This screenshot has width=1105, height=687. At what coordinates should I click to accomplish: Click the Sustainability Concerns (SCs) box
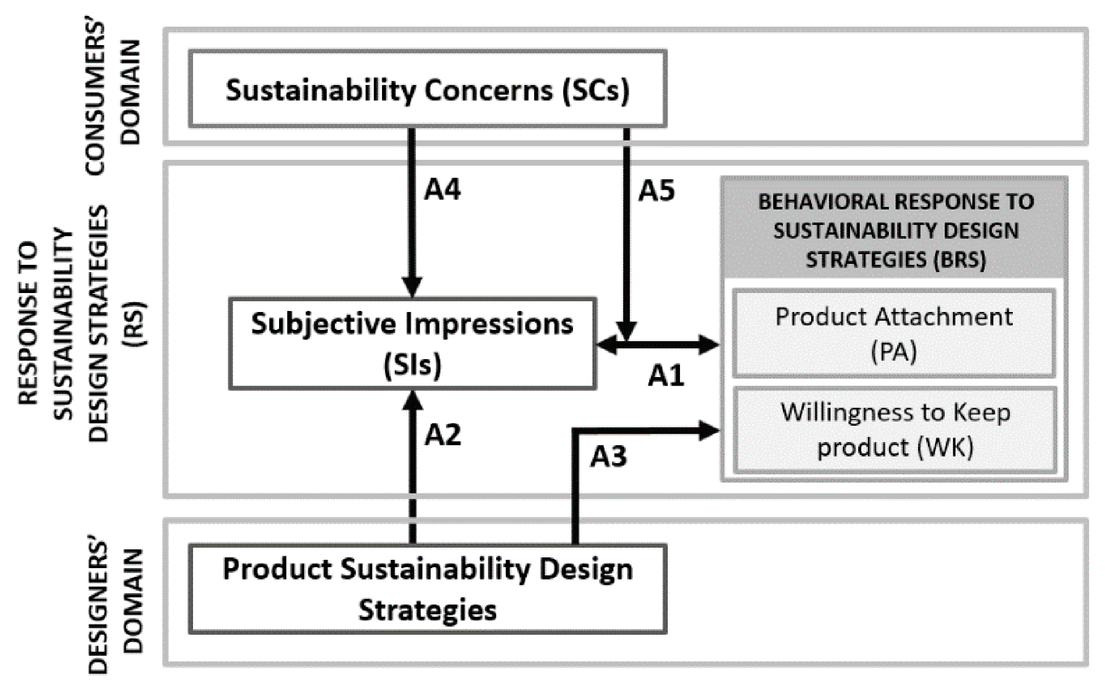pyautogui.click(x=428, y=89)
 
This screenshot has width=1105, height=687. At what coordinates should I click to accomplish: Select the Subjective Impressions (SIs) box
pyautogui.click(x=412, y=343)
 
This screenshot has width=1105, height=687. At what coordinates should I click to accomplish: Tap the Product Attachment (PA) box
pyautogui.click(x=894, y=334)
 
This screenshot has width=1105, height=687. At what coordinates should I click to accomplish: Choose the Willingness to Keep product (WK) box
pyautogui.click(x=895, y=430)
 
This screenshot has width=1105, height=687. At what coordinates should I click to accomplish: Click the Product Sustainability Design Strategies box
pyautogui.click(x=428, y=589)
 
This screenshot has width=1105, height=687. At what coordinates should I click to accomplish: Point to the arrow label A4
pyautogui.click(x=442, y=189)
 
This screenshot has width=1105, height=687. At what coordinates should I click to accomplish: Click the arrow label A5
pyautogui.click(x=656, y=191)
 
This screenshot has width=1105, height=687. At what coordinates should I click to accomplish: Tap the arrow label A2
pyautogui.click(x=443, y=435)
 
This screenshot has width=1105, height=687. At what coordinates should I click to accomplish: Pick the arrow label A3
pyautogui.click(x=608, y=456)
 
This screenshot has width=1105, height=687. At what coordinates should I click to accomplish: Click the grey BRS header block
pyautogui.click(x=895, y=230)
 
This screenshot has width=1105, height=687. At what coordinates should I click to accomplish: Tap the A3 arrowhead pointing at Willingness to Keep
pyautogui.click(x=709, y=430)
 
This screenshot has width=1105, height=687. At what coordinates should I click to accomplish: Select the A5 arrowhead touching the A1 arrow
pyautogui.click(x=626, y=330)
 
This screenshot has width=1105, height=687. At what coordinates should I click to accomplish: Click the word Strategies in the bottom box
pyautogui.click(x=428, y=610)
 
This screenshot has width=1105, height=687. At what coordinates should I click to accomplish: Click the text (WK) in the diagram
pyautogui.click(x=945, y=447)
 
